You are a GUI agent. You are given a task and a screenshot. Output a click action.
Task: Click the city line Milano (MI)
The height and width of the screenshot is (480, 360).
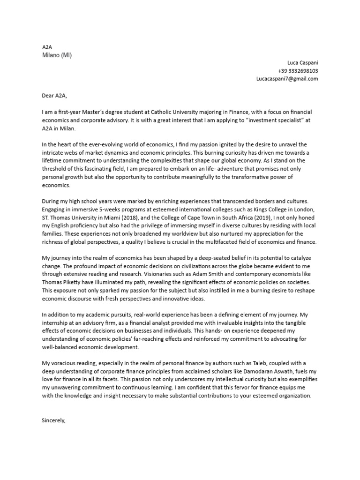(57, 55)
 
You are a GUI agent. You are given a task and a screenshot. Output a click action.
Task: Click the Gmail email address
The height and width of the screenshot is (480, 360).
(287, 79)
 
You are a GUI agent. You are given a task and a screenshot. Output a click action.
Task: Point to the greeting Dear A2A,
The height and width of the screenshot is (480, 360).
(54, 96)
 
